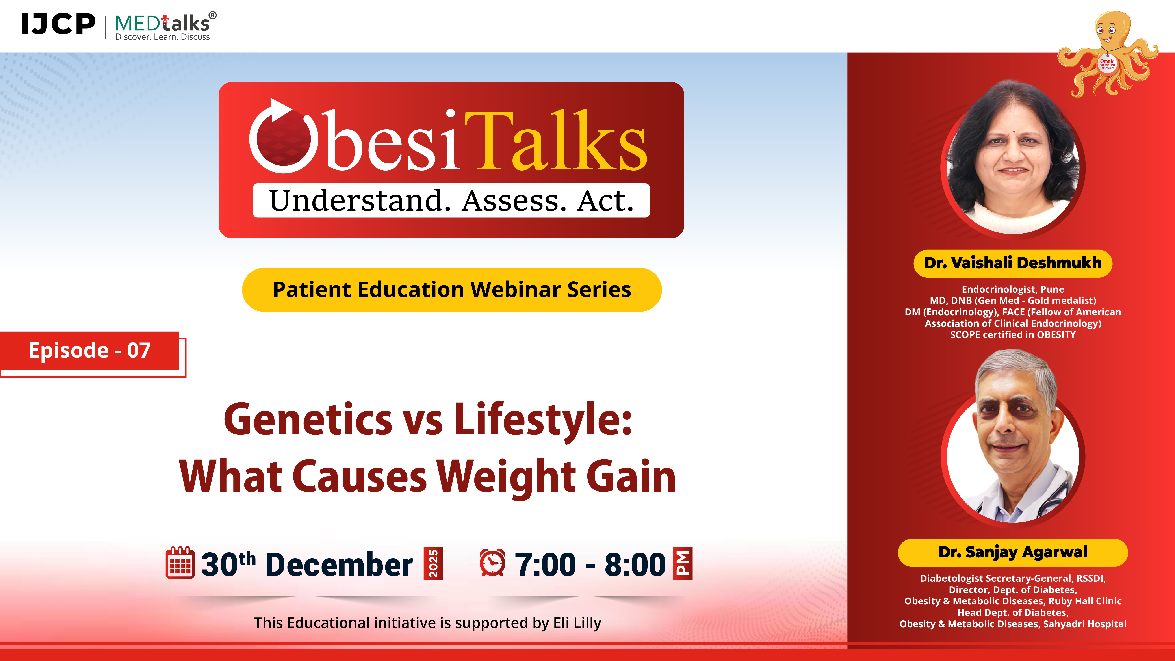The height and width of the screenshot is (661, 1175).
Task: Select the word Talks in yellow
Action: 556,141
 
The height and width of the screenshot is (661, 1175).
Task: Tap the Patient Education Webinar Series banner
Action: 452,290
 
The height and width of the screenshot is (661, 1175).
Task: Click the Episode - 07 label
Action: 90,350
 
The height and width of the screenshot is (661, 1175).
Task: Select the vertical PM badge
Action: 683,563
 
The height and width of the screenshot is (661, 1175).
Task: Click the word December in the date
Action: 339,565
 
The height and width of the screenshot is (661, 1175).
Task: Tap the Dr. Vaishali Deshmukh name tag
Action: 1013,263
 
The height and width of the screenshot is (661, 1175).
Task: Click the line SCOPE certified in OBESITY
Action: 1013,335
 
